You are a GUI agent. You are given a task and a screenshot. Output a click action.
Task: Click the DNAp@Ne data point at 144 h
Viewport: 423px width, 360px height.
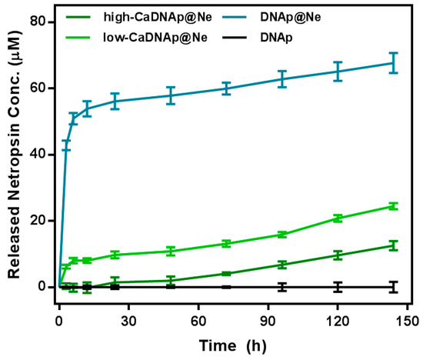(x=393, y=63)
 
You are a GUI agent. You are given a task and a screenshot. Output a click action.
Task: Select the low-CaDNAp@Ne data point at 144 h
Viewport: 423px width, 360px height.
(x=393, y=205)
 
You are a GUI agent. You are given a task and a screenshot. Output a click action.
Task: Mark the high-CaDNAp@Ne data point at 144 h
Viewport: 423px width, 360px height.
(x=393, y=245)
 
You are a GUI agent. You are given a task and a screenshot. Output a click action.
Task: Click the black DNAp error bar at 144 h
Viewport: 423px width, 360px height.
(x=393, y=287)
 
